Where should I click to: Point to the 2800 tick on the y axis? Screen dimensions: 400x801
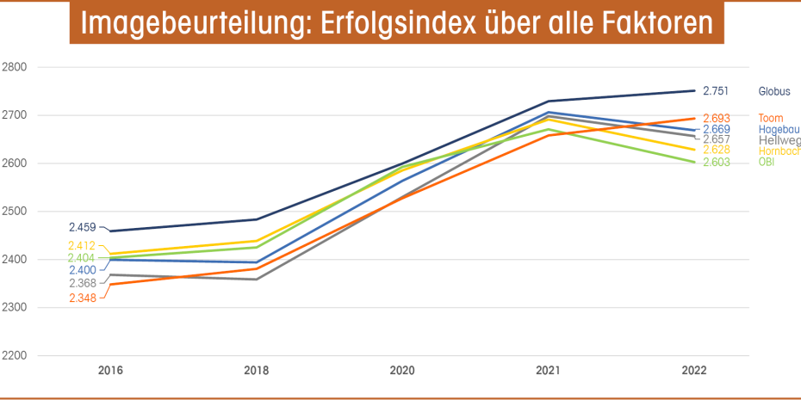[x=15, y=67]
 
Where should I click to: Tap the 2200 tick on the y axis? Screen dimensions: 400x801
[x=15, y=356]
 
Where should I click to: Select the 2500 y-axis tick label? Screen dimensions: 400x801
[x=15, y=212]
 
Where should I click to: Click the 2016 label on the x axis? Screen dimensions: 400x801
[x=110, y=371]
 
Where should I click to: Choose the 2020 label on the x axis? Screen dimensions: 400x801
[x=402, y=371]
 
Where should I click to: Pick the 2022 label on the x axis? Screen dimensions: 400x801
[x=693, y=371]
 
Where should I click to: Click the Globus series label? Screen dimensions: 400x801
[x=773, y=91]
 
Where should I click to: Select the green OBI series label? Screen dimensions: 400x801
[x=766, y=162]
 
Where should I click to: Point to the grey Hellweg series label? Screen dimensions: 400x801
[x=779, y=140]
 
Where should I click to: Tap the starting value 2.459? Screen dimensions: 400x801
[x=83, y=228]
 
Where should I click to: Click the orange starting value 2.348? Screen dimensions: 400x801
[x=83, y=298]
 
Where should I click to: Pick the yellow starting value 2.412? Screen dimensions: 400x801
[x=83, y=246]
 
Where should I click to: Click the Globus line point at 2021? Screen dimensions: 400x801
[x=548, y=102]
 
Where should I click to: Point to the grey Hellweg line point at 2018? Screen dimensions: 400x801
[x=257, y=279]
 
